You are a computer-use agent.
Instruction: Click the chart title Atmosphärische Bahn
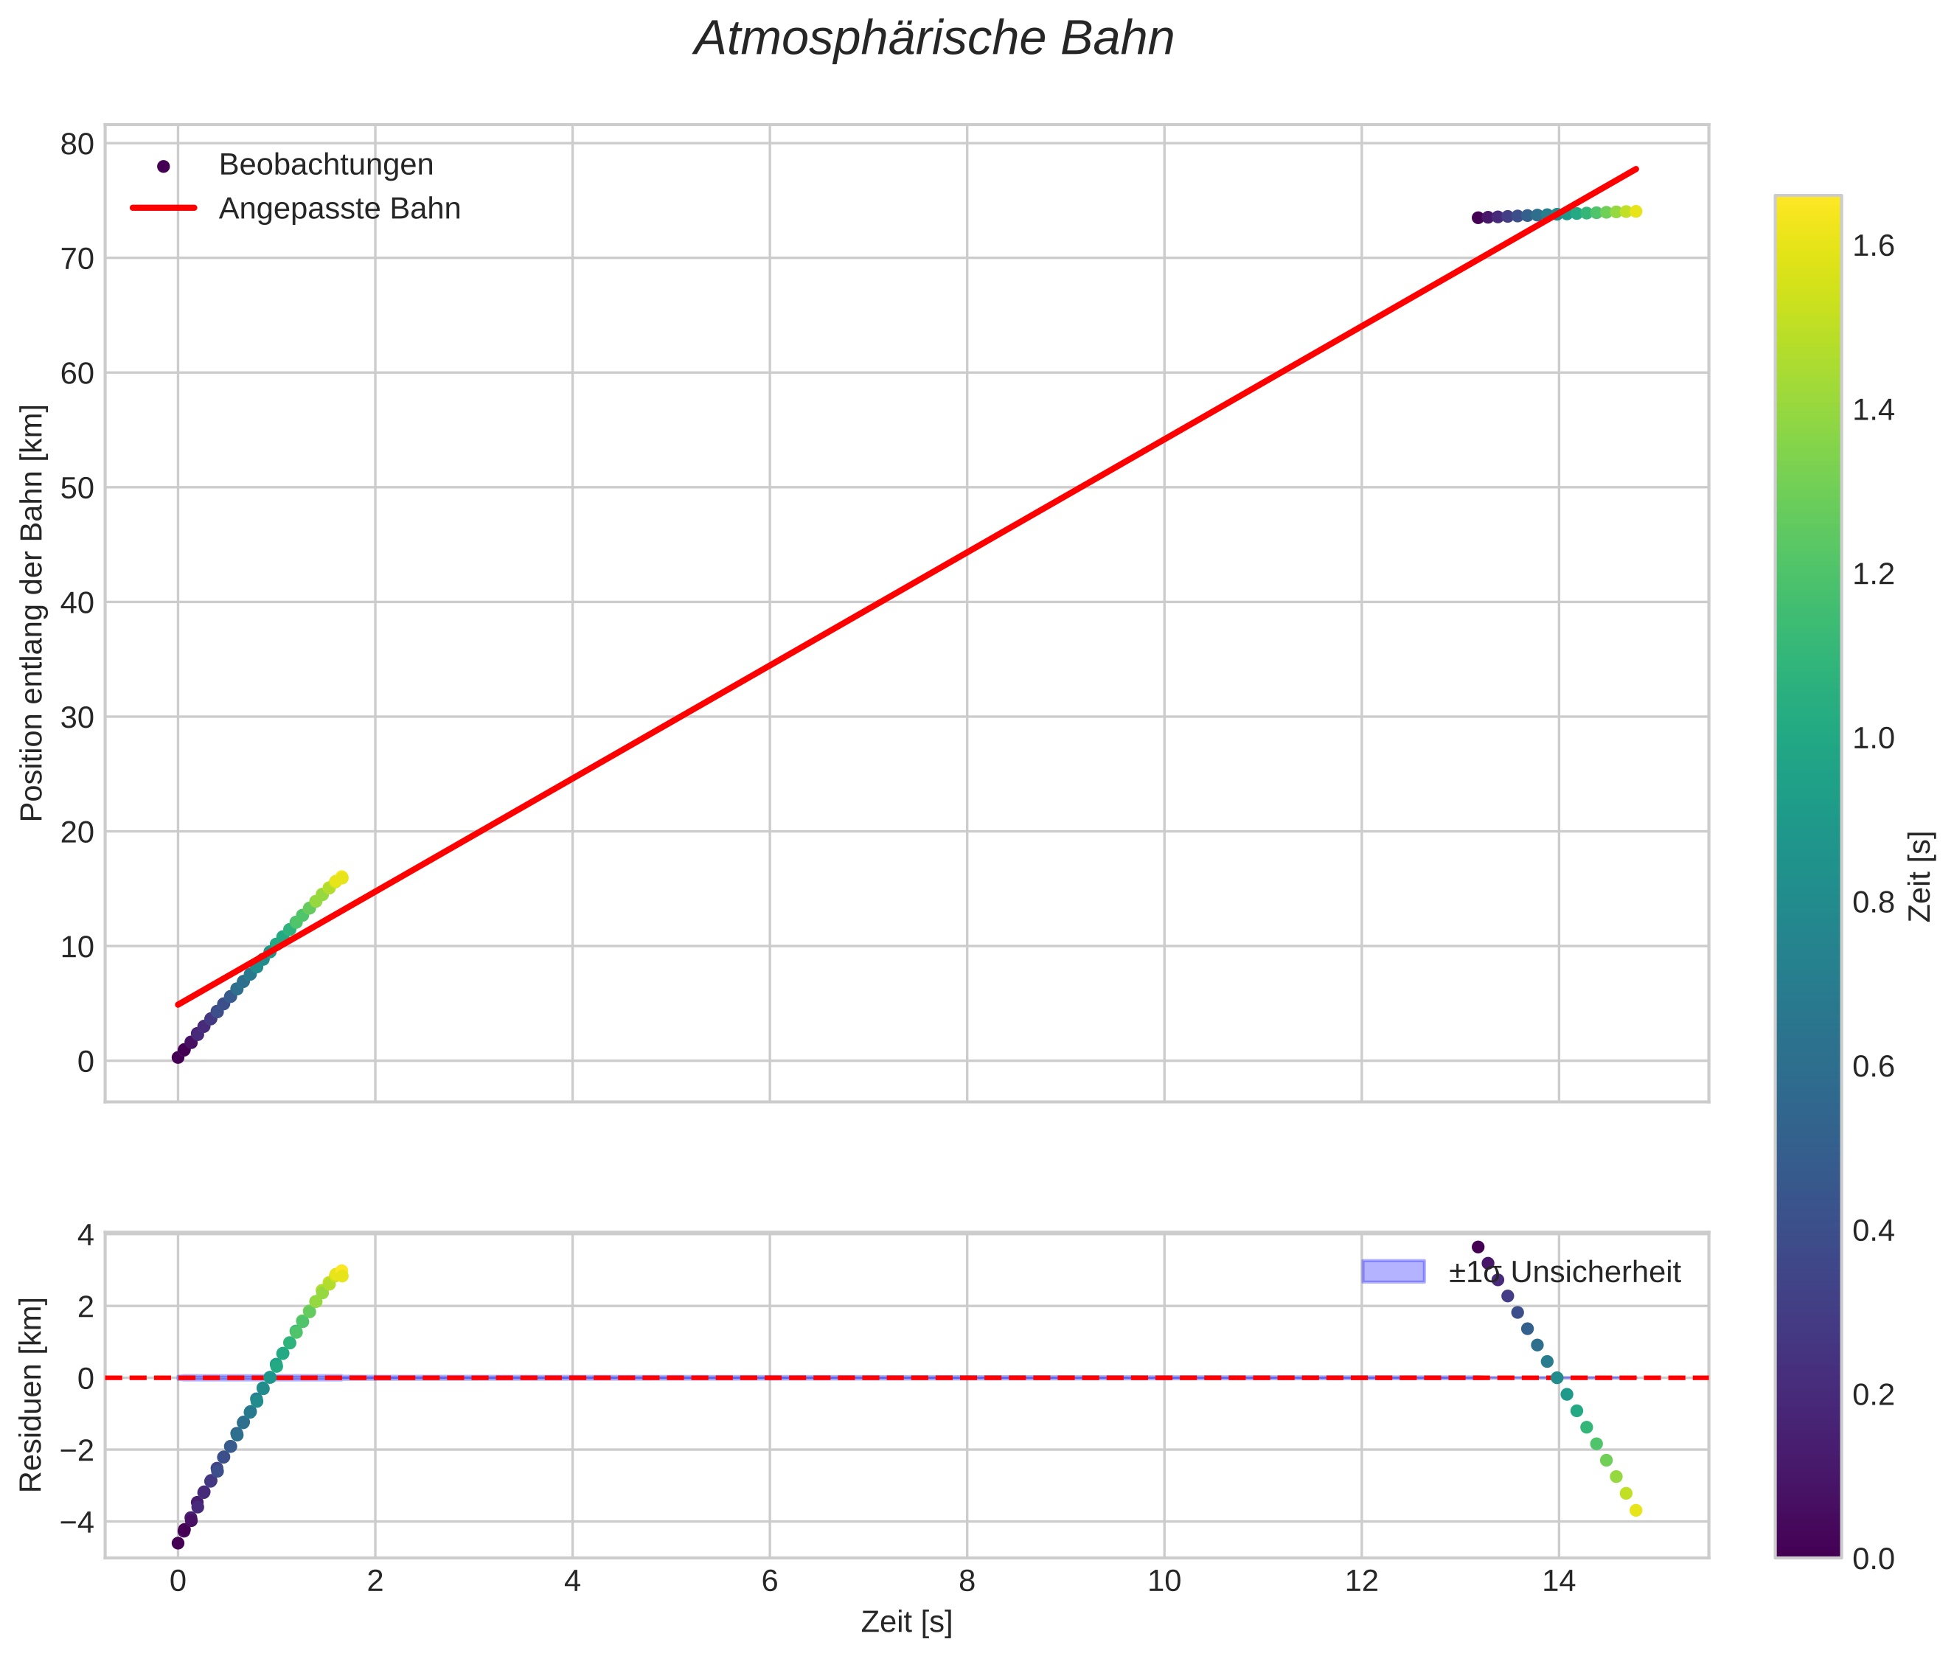tap(933, 39)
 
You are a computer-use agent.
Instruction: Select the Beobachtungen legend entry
tap(325, 165)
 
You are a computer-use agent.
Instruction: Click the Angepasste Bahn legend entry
tap(339, 209)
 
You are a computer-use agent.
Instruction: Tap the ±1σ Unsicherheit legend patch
tap(1392, 1272)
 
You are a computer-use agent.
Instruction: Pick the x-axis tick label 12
tap(1360, 1582)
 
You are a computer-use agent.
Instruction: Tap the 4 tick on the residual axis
tap(85, 1234)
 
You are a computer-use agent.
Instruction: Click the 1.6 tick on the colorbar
tap(1872, 246)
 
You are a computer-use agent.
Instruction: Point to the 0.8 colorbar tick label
tap(1872, 903)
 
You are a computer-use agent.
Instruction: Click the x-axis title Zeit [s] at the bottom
tap(906, 1622)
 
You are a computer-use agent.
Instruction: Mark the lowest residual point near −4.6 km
tap(178, 1542)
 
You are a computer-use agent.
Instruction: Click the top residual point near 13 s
tap(1478, 1247)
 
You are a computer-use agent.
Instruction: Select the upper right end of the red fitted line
tap(1637, 169)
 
